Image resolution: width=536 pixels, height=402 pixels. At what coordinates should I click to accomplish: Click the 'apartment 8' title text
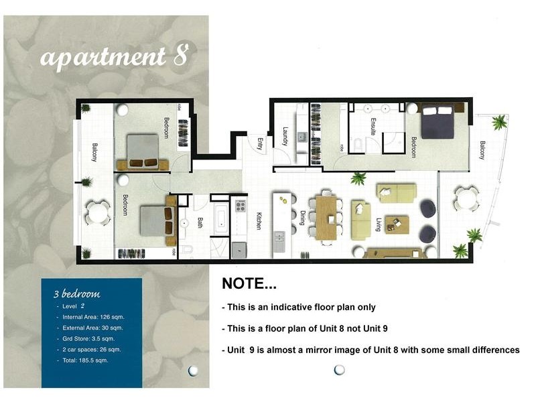(x=113, y=58)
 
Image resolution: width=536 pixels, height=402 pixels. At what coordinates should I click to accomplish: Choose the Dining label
(x=302, y=219)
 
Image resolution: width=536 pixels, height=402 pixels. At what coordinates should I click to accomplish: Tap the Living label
(x=379, y=223)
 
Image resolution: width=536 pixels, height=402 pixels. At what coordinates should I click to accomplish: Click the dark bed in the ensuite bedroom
(x=437, y=123)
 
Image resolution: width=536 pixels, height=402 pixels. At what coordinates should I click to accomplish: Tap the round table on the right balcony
(x=464, y=199)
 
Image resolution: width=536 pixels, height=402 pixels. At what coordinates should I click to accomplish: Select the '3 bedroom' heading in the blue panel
(x=76, y=293)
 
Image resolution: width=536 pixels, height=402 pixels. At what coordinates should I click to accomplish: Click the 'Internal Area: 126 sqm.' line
(x=93, y=316)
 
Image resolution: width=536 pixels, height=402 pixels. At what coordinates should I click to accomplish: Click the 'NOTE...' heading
(x=249, y=283)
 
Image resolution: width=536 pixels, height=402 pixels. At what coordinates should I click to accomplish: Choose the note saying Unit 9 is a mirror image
(x=370, y=350)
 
